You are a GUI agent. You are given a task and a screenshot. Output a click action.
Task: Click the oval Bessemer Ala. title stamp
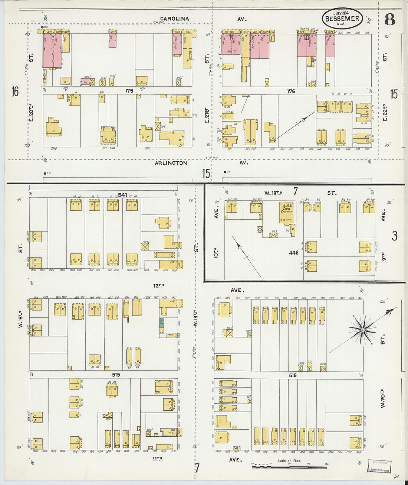point(342,18)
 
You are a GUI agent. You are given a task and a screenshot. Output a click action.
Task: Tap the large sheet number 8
point(389,19)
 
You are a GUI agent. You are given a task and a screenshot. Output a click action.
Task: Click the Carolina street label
point(174,19)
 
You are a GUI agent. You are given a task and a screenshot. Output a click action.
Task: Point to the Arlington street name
point(171,163)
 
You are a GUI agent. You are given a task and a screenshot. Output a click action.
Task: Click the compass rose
point(362,329)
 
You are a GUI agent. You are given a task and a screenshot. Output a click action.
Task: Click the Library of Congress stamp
point(379,466)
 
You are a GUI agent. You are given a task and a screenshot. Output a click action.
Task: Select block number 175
point(129,91)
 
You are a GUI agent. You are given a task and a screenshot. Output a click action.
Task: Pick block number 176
point(291,91)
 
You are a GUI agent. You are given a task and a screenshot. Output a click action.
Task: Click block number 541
point(122,195)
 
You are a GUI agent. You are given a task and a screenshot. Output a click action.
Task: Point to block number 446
point(293,253)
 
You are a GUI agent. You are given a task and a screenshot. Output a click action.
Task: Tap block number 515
point(116,375)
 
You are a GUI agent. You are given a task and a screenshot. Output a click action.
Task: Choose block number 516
point(293,375)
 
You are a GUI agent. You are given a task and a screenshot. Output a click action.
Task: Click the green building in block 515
point(162,322)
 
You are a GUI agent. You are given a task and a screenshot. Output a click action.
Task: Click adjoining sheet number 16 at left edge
point(15,91)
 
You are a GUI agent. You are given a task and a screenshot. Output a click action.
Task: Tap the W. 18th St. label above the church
point(273,193)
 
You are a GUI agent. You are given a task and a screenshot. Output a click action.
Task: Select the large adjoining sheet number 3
point(394,236)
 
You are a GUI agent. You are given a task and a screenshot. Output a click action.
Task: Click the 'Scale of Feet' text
point(289,461)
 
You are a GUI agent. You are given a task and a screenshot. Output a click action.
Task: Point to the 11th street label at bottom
point(158,459)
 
